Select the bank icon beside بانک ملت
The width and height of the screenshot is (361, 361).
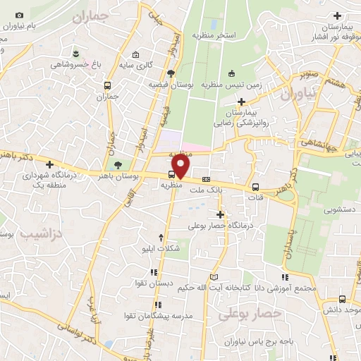[206, 178]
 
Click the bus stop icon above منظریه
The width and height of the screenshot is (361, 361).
[172, 175]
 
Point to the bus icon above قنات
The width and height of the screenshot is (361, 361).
[255, 188]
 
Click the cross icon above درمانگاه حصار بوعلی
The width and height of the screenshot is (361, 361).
[220, 214]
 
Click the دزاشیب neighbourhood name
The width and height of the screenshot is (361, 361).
[38, 231]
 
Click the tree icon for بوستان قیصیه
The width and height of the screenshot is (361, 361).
[171, 73]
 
